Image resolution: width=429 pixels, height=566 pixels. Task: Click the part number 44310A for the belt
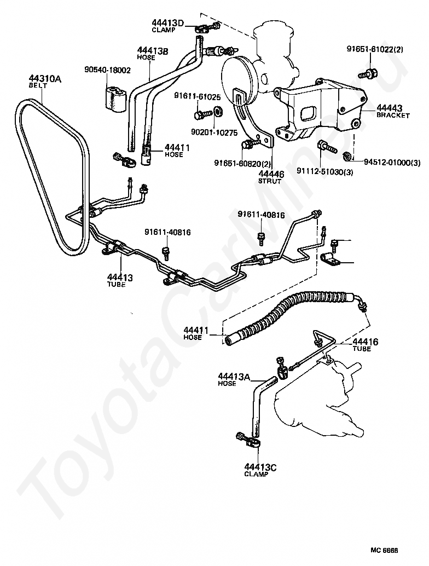[45, 79]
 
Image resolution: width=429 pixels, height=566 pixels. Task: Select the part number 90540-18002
[107, 70]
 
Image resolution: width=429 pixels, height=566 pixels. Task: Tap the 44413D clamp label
[167, 22]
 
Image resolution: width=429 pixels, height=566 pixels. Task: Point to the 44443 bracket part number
[389, 108]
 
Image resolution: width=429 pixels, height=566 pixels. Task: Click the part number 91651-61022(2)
[375, 49]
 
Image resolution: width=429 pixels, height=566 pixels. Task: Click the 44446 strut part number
[271, 174]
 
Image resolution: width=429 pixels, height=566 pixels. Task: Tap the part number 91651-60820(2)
[238, 163]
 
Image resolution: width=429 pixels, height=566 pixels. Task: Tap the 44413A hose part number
[234, 377]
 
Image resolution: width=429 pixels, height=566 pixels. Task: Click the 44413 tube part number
[119, 278]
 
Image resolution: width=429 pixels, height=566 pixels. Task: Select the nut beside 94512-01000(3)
[347, 157]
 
